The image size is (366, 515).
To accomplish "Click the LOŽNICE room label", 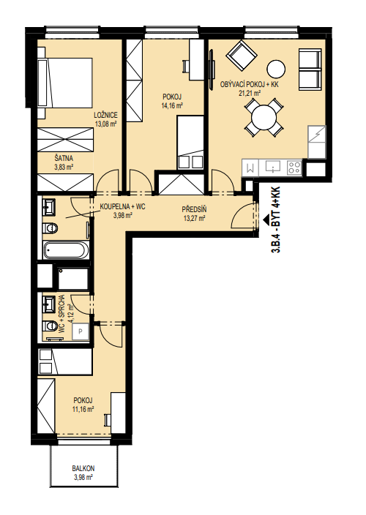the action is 105,116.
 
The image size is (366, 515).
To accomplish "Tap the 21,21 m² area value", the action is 250,93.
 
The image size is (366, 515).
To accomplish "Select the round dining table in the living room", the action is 264,118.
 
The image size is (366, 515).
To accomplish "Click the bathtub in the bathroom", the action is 66,250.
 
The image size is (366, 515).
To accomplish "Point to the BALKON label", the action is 83,468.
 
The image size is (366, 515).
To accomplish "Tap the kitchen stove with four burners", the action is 294,168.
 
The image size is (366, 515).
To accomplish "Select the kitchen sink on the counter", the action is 272,168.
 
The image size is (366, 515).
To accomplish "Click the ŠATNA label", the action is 64,159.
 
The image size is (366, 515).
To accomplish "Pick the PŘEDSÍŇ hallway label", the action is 194,209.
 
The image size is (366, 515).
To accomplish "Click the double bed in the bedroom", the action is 65,83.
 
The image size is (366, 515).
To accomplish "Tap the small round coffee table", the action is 276,69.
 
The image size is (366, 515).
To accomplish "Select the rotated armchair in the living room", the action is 242,55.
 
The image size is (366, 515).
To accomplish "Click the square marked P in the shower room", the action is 81,331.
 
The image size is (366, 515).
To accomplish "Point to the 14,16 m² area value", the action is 172,106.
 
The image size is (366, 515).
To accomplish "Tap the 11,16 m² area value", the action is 83,409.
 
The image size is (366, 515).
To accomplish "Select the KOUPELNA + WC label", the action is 122,207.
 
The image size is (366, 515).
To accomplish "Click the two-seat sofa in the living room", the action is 310,69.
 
